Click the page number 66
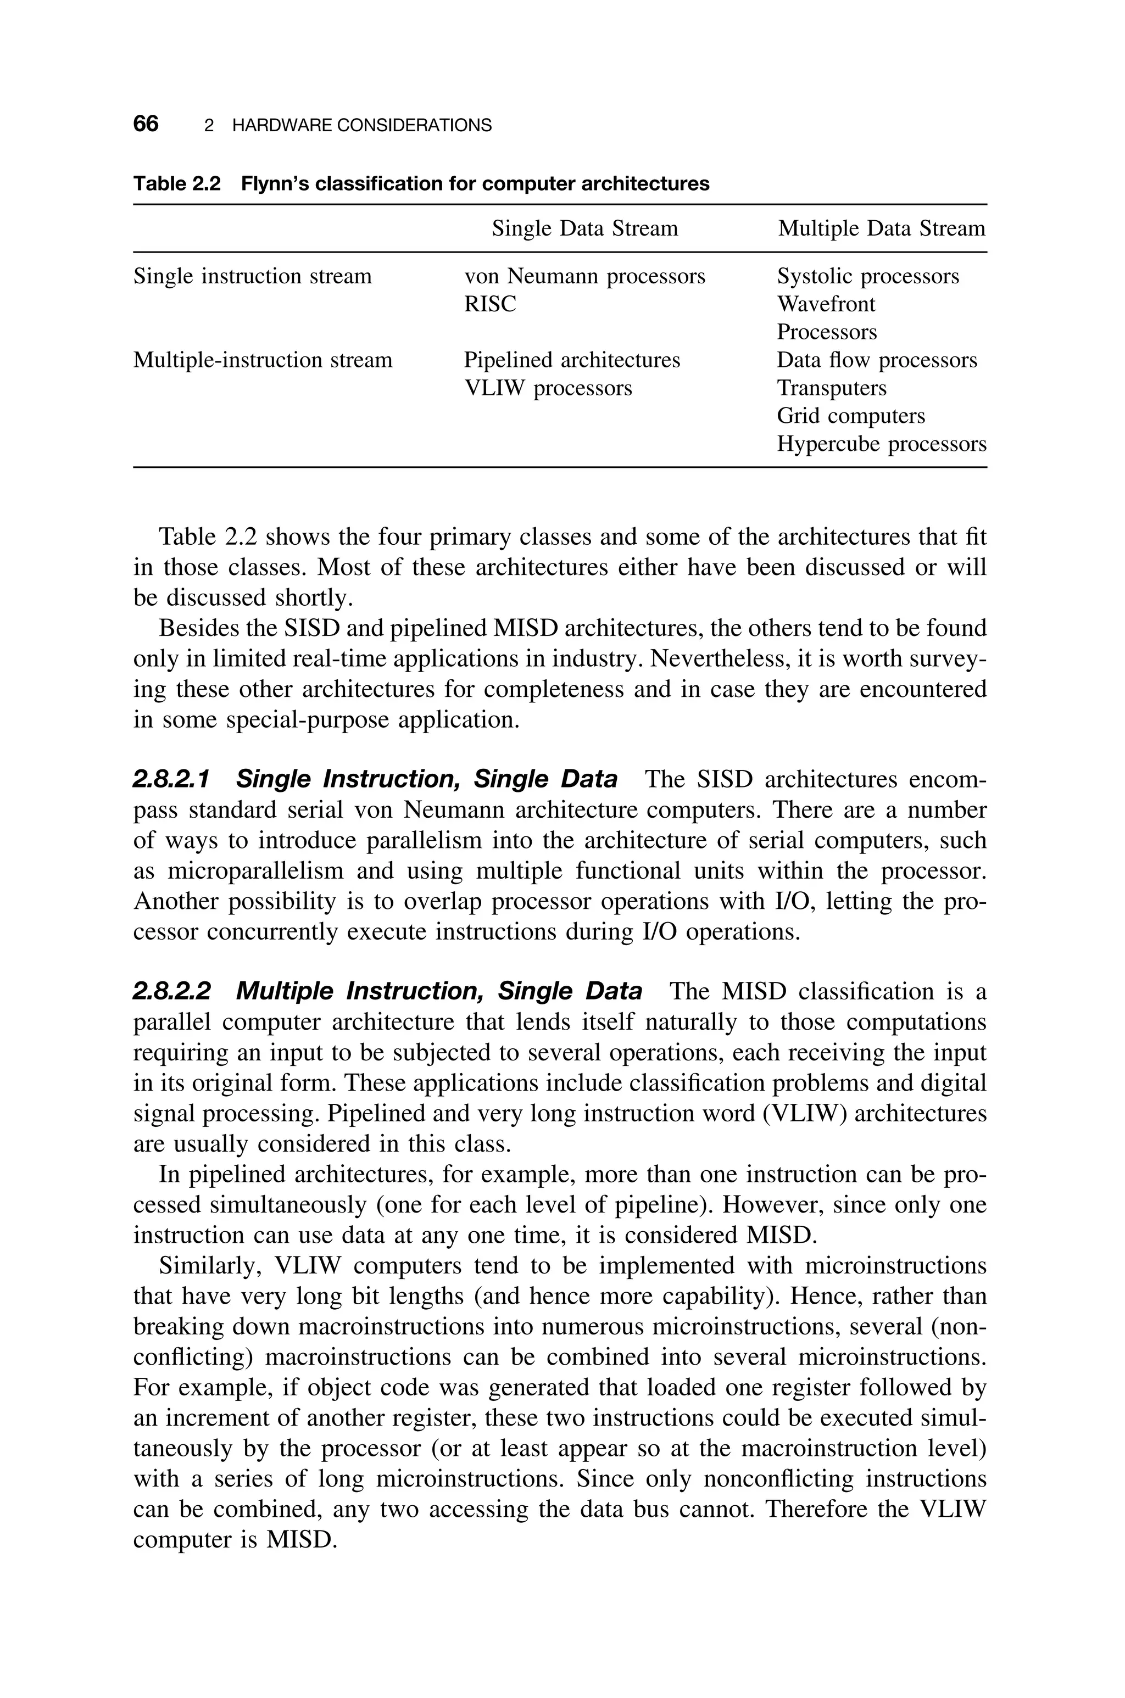click(146, 124)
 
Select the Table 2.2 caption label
click(176, 185)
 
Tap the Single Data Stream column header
click(584, 229)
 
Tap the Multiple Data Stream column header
click(881, 229)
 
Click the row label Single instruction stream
click(253, 276)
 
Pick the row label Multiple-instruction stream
click(263, 360)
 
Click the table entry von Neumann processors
click(584, 276)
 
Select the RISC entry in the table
click(489, 304)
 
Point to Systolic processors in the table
click(867, 276)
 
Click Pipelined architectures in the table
click(571, 360)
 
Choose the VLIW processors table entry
click(548, 388)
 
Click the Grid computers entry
click(850, 416)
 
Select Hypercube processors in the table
click(881, 444)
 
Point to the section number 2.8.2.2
click(172, 992)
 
